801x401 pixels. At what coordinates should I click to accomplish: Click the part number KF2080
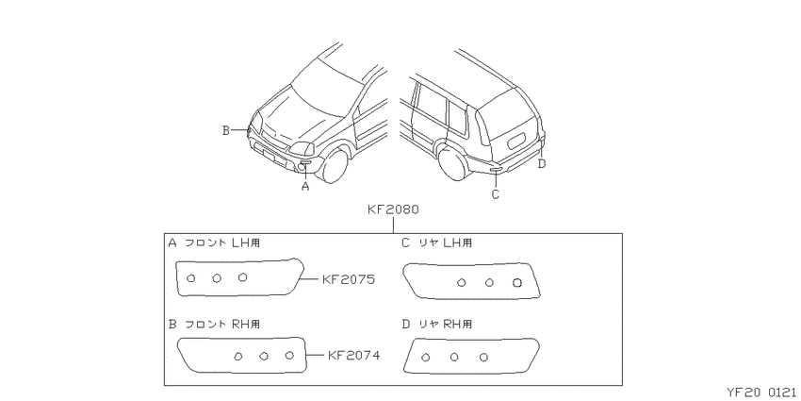[393, 209]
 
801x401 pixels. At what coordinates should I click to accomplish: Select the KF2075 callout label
[349, 280]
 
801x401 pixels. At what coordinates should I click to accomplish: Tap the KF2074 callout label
[353, 355]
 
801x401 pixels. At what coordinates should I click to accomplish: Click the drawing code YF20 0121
[762, 393]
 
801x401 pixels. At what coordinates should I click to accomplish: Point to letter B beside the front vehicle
[226, 130]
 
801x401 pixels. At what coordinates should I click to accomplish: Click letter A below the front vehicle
[305, 187]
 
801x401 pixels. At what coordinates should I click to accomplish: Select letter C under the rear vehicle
[495, 194]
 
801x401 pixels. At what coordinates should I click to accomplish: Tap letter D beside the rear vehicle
[542, 163]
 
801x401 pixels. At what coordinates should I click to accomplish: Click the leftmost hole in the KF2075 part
[191, 278]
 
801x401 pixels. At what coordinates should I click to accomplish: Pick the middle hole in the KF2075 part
[217, 277]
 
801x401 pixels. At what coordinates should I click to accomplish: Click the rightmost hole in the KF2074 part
[289, 355]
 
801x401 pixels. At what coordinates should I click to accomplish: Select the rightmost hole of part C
[517, 282]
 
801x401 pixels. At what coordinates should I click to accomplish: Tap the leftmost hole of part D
[425, 358]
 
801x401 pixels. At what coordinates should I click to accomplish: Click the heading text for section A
[214, 242]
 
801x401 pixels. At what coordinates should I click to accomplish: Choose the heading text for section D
[436, 324]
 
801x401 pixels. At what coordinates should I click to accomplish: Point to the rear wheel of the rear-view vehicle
[452, 161]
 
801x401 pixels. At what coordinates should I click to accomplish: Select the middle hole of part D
[454, 357]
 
